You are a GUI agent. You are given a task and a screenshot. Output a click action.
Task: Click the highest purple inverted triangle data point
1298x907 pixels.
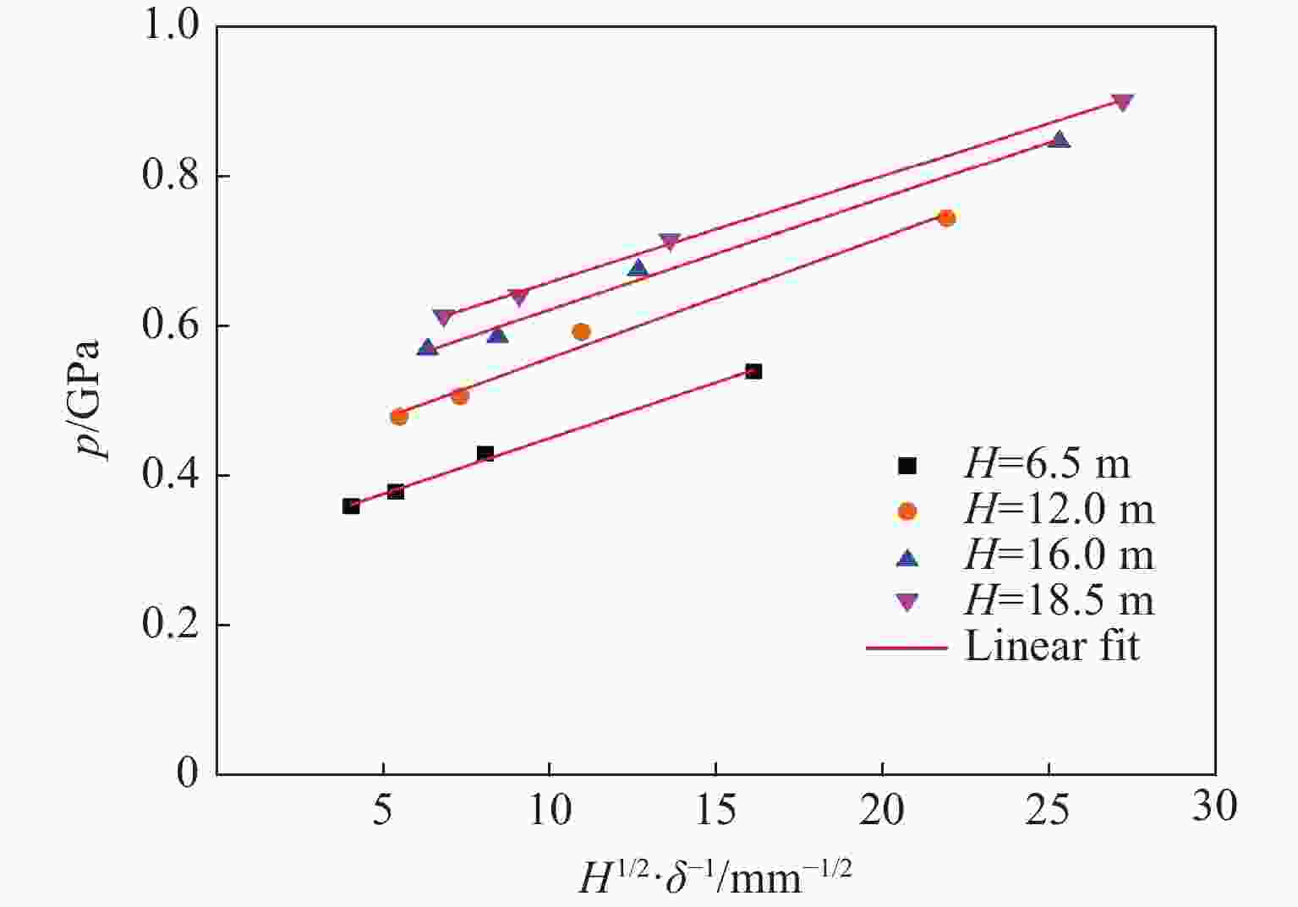click(x=1122, y=102)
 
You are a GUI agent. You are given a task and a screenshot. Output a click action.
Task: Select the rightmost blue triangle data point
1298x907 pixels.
click(x=1059, y=139)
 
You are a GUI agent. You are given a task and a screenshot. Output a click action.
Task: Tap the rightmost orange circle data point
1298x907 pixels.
click(x=947, y=218)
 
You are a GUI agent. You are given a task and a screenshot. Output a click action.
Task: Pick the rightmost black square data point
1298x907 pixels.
click(x=753, y=371)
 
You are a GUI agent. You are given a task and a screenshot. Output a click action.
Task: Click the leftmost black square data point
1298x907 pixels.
click(x=351, y=506)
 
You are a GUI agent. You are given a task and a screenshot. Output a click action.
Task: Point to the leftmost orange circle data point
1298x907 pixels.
click(x=399, y=416)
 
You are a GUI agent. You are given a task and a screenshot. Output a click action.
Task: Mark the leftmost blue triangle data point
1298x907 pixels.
click(x=427, y=347)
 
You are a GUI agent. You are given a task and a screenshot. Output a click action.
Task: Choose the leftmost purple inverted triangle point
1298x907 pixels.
click(x=443, y=318)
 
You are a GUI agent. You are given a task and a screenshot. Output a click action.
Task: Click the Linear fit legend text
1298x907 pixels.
click(x=1052, y=647)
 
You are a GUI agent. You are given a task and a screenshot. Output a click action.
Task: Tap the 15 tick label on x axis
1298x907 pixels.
click(x=715, y=811)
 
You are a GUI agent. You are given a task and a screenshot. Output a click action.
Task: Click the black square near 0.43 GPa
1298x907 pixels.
click(x=485, y=454)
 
